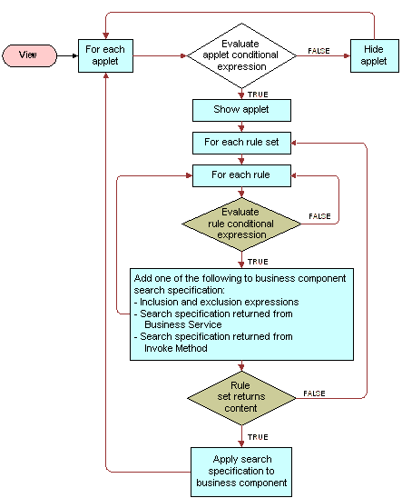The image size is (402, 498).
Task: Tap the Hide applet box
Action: click(x=374, y=55)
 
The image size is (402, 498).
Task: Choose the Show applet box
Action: click(x=241, y=110)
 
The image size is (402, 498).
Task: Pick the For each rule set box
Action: click(x=241, y=143)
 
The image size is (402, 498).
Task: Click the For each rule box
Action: click(x=241, y=174)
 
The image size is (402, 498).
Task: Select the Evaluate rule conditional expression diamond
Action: click(x=241, y=224)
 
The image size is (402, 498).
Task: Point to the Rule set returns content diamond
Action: click(x=241, y=397)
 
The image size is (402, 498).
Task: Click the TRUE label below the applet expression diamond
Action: click(x=257, y=94)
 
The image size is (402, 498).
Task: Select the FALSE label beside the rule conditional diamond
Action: click(x=319, y=216)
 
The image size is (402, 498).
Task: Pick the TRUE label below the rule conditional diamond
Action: click(x=257, y=261)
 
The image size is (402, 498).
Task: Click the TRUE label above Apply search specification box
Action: click(x=257, y=436)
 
